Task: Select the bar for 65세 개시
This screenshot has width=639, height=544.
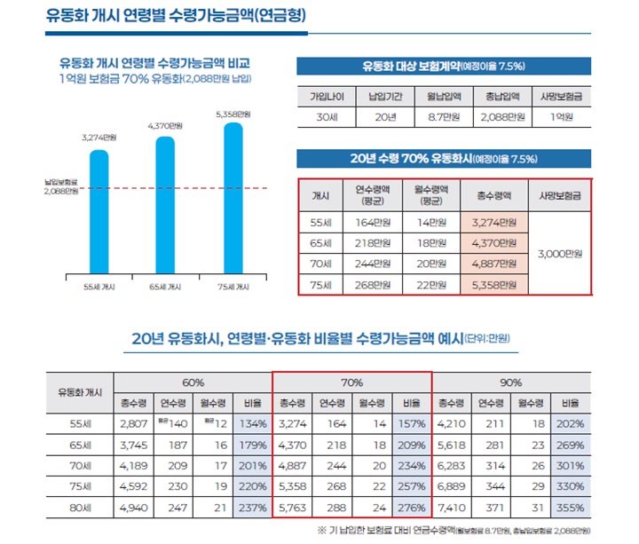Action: (x=165, y=203)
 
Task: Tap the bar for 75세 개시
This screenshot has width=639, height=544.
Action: (x=233, y=196)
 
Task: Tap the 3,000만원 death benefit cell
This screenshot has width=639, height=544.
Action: (x=559, y=253)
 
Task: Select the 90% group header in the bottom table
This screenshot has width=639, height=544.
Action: (x=510, y=382)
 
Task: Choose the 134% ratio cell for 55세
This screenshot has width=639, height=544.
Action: (x=252, y=424)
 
